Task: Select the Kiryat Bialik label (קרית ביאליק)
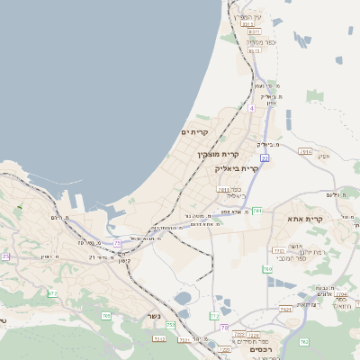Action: pos(237,167)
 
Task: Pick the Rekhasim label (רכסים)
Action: pos(262,348)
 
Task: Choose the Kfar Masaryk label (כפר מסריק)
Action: pos(261,41)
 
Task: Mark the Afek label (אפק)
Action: pos(324,156)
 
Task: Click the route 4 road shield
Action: pos(253,108)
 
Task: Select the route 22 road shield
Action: pos(265,157)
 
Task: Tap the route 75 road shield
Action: pos(118,242)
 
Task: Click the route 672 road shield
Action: pos(52,293)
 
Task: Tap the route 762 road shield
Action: pos(303,341)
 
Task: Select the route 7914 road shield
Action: pos(305,152)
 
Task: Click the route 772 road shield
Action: pos(214,317)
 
